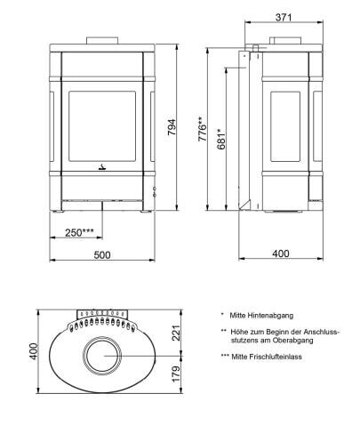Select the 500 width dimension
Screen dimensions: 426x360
pyautogui.click(x=102, y=254)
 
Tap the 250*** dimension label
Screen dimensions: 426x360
pyautogui.click(x=80, y=232)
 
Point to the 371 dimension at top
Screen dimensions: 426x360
pyautogui.click(x=283, y=17)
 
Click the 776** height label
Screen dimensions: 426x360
pyautogui.click(x=202, y=131)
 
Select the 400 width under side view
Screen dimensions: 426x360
pyautogui.click(x=281, y=254)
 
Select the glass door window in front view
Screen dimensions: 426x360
pyautogui.click(x=101, y=124)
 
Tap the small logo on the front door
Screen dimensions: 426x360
pyautogui.click(x=101, y=165)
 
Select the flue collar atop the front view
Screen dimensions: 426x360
pyautogui.click(x=101, y=39)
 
